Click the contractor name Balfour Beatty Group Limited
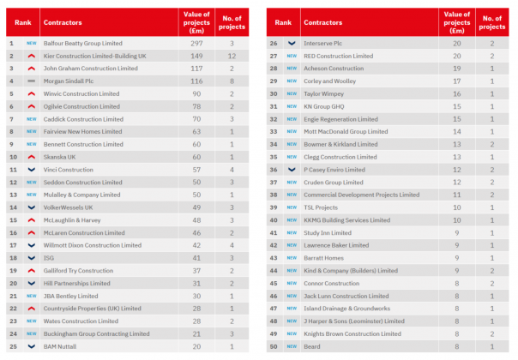[x=81, y=42]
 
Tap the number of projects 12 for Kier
[x=232, y=55]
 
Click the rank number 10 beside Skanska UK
[x=11, y=157]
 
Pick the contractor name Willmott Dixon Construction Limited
[x=92, y=245]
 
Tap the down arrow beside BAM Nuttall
[x=31, y=347]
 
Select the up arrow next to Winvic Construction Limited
[x=31, y=93]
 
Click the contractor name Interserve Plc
[x=325, y=42]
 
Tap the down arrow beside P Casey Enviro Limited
[x=292, y=170]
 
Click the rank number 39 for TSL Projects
[x=274, y=207]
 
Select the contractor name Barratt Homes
[x=324, y=258]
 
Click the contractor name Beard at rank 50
[x=312, y=347]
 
